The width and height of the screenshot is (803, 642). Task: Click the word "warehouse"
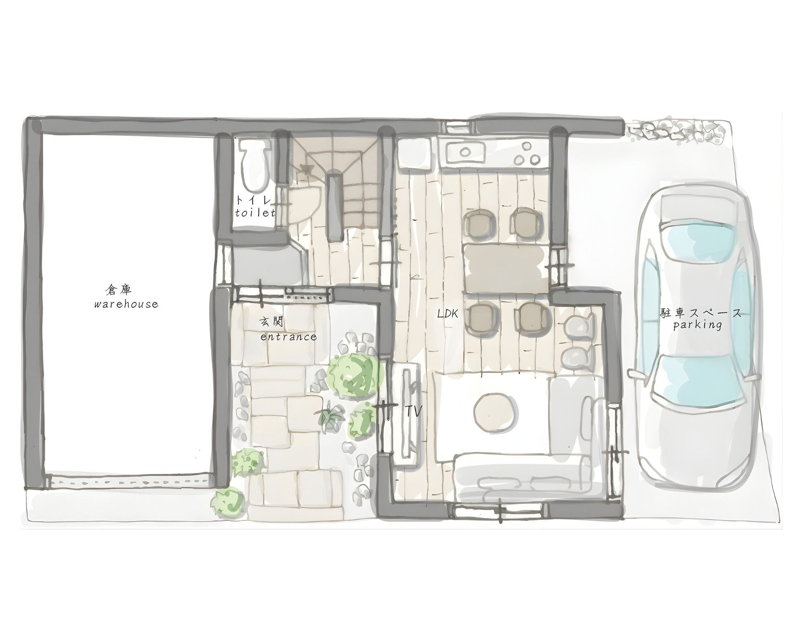[x=126, y=304]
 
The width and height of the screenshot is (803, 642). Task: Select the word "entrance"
[x=288, y=337]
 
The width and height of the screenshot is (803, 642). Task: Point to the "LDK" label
[x=447, y=314]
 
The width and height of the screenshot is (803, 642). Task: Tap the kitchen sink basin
[x=466, y=152]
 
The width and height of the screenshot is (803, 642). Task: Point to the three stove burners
[x=527, y=153]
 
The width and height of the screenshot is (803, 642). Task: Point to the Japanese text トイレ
[x=254, y=200]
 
